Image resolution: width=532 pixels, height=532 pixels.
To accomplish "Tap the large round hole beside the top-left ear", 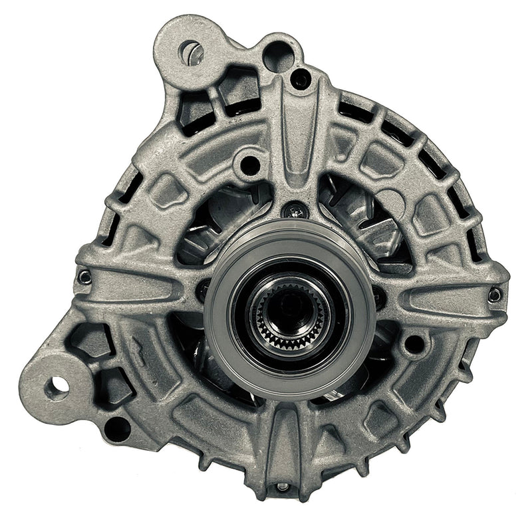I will click(278, 57).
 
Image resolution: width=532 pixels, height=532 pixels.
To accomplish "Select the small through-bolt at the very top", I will click(301, 80).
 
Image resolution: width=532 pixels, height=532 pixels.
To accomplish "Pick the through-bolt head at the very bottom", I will click(284, 487).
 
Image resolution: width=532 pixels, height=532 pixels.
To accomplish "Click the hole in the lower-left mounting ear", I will click(57, 384).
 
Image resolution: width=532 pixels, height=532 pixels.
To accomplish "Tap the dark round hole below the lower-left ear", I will click(117, 429).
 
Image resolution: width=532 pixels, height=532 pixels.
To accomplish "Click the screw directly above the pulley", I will click(295, 212).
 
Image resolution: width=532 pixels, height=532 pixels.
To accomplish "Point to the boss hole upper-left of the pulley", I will click(250, 162).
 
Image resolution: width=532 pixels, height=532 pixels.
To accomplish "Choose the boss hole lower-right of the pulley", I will click(414, 343).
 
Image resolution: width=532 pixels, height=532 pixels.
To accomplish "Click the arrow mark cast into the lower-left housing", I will click(137, 348).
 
